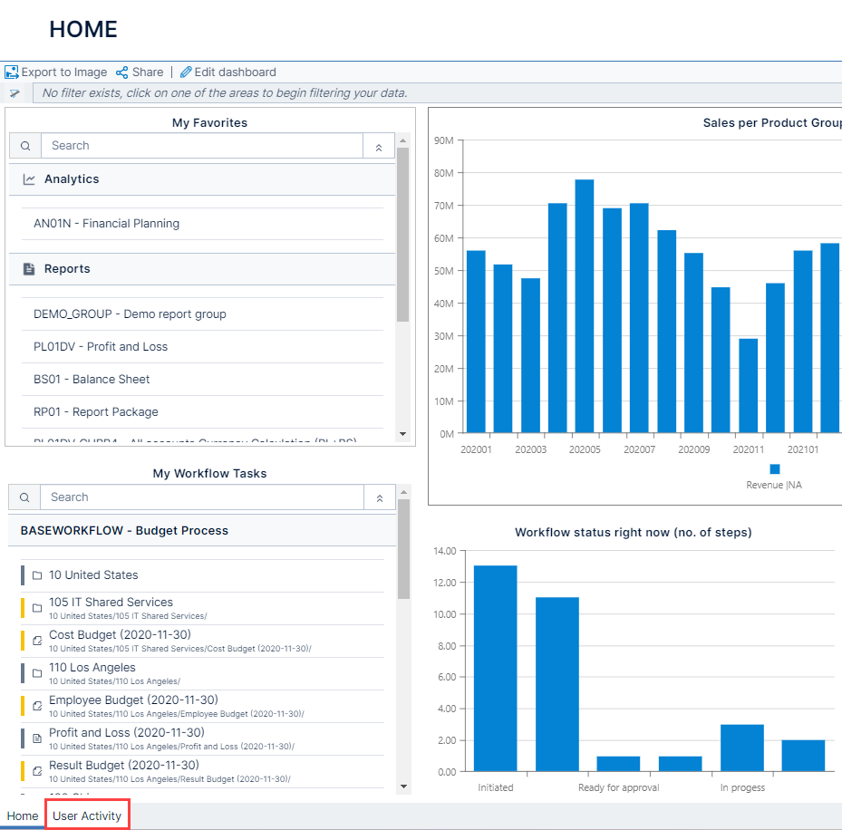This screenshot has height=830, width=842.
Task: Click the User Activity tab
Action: [87, 816]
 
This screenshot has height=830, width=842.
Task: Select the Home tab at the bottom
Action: [23, 816]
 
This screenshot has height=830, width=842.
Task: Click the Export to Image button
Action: [56, 72]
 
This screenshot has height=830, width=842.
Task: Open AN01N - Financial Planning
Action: [106, 224]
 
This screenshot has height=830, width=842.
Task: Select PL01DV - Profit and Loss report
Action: [100, 347]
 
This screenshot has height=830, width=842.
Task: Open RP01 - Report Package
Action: [95, 412]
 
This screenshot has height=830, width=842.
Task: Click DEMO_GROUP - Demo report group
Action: [130, 314]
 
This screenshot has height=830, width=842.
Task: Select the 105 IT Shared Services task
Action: [111, 603]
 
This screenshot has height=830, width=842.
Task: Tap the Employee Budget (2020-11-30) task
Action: [133, 700]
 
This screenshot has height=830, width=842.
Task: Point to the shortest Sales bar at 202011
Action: [748, 386]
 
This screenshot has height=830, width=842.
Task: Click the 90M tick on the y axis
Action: [443, 140]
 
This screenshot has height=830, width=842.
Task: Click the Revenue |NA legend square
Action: [774, 468]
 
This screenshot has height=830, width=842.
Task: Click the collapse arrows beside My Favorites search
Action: [379, 147]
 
